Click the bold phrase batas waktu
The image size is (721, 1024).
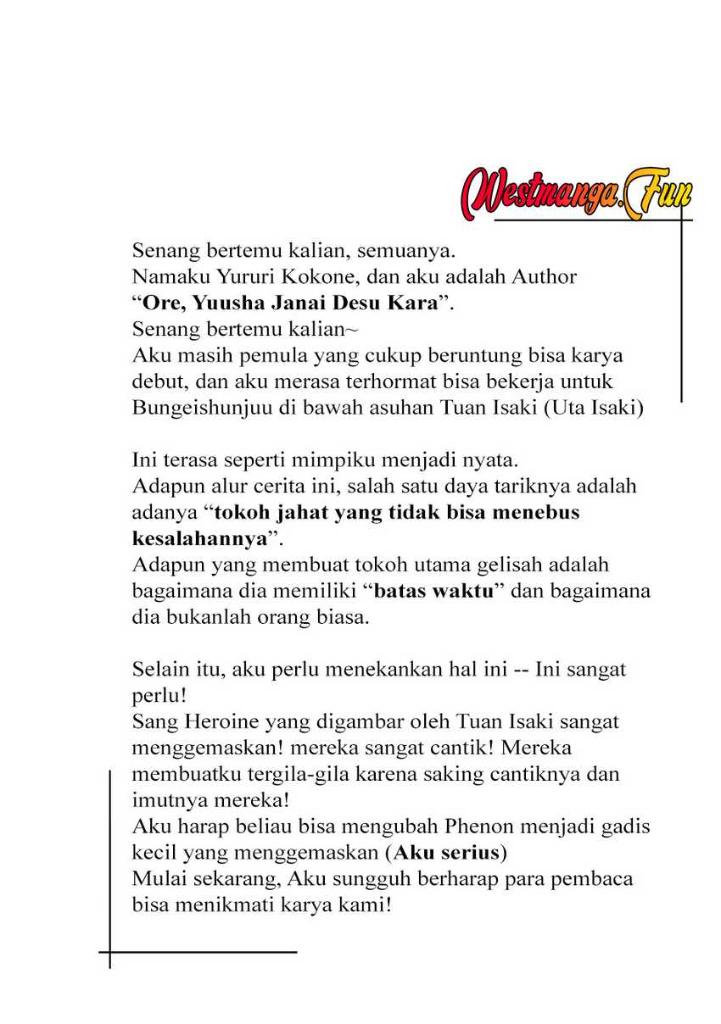point(433,591)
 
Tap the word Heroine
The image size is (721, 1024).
point(207,721)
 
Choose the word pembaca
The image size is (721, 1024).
point(593,878)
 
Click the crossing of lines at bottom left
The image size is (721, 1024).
point(110,952)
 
